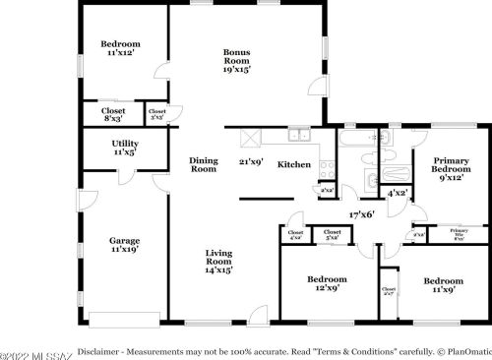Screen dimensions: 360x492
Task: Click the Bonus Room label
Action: (236, 61)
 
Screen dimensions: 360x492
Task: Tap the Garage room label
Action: (124, 245)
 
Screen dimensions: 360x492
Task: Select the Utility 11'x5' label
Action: (124, 149)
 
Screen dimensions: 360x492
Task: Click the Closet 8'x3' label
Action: (113, 115)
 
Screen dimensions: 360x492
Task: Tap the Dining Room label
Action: (203, 165)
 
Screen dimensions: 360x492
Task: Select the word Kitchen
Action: (293, 164)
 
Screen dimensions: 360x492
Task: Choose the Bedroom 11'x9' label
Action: (443, 286)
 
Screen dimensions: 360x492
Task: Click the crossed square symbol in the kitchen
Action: (251, 137)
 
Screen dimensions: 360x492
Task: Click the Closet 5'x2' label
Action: (332, 234)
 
